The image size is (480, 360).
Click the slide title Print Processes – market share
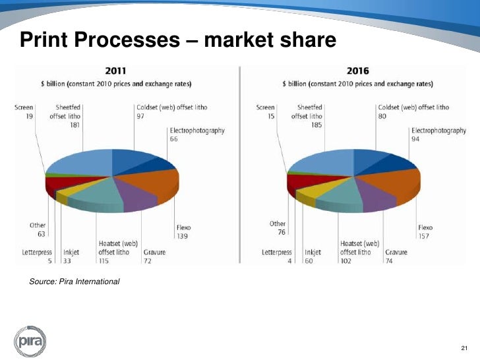click(x=178, y=41)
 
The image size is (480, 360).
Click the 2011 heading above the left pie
click(x=117, y=71)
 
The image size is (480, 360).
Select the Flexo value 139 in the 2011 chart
click(x=182, y=235)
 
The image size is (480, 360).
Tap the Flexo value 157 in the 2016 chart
click(x=424, y=235)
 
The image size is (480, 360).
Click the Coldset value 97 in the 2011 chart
click(x=140, y=115)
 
